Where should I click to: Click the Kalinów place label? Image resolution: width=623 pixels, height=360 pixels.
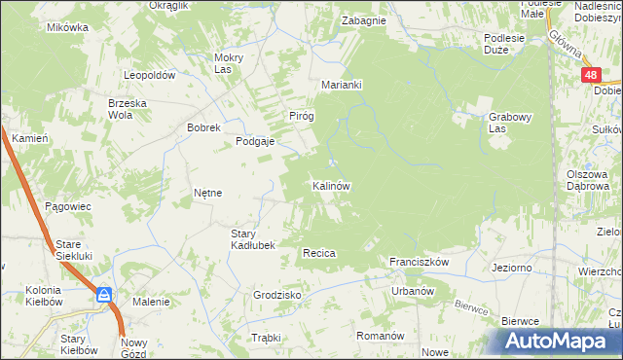(x=331, y=185)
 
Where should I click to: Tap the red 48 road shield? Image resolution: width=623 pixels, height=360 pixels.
(x=591, y=74)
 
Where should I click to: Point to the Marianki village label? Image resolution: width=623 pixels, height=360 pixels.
(x=342, y=85)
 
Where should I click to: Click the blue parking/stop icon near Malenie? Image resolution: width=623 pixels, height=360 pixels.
(x=104, y=295)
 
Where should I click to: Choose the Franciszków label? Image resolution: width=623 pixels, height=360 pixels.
(x=418, y=263)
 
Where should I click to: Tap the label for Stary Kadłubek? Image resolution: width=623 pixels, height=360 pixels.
(x=252, y=239)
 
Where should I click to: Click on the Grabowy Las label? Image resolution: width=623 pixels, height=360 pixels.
(x=510, y=123)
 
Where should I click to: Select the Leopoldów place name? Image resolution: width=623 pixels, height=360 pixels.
(x=149, y=75)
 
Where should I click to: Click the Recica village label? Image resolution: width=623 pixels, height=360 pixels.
(x=319, y=253)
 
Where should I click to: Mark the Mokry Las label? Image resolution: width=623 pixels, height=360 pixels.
(x=228, y=63)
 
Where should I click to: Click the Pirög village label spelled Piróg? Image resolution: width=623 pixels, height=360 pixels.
(x=302, y=116)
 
